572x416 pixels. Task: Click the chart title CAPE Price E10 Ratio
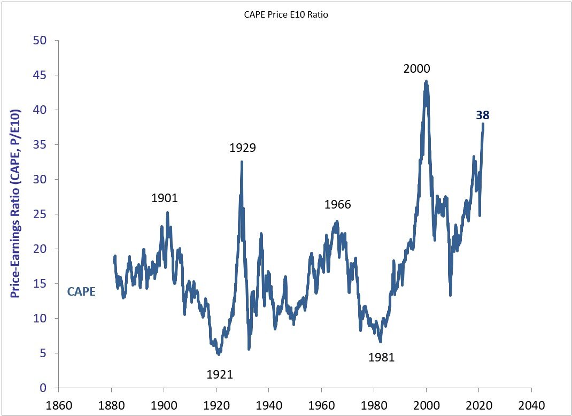pos(282,15)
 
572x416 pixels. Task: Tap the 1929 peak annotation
pos(243,148)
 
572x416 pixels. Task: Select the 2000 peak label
pos(416,68)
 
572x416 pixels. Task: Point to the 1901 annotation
pos(164,198)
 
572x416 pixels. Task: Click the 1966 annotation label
pos(337,205)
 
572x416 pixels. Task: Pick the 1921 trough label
pos(220,374)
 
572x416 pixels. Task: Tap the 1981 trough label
pos(381,358)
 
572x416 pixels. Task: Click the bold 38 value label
pos(483,115)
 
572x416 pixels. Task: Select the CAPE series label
pos(81,292)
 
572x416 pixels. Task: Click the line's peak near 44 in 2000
pos(426,81)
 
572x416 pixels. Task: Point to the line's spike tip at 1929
pos(242,161)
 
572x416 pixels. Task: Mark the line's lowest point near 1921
pos(218,354)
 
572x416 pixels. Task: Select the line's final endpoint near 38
pos(483,124)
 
